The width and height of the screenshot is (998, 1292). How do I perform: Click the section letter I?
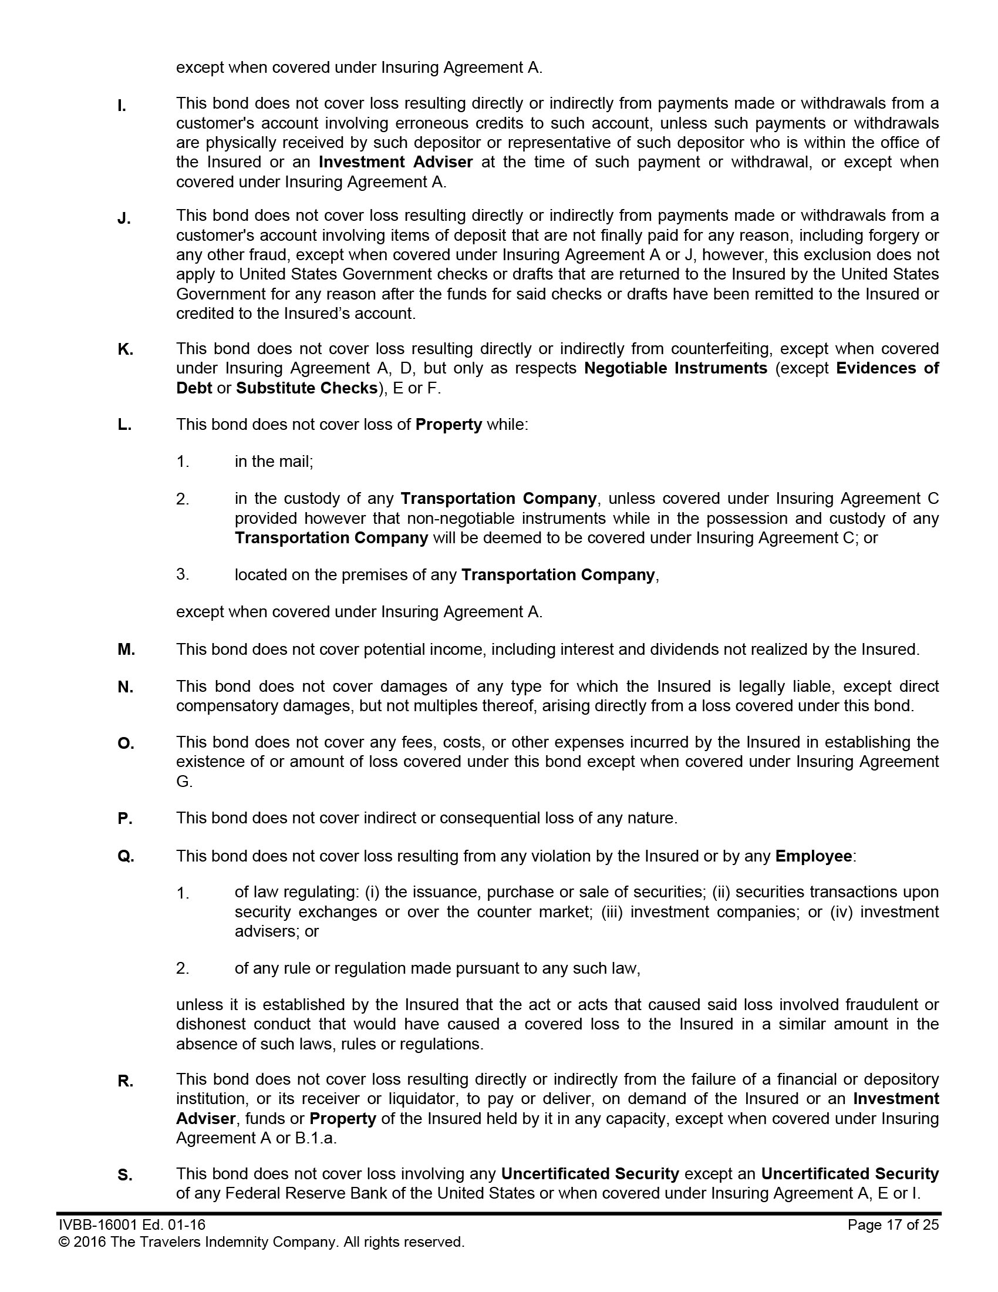[x=121, y=106]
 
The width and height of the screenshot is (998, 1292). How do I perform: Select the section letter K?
[x=126, y=349]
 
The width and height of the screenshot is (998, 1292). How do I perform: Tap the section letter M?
[x=127, y=650]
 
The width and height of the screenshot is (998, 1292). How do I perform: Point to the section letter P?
[x=124, y=819]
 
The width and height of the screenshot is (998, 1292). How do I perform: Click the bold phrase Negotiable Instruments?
[x=675, y=369]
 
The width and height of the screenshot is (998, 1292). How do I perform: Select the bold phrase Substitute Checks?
[x=307, y=388]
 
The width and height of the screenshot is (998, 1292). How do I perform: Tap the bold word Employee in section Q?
[x=814, y=856]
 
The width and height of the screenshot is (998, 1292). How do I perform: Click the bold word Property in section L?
[x=449, y=425]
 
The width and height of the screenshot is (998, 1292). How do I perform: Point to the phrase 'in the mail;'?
[x=274, y=462]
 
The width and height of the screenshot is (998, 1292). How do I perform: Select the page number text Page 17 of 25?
[x=893, y=1224]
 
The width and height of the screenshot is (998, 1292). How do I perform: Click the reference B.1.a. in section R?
[x=316, y=1138]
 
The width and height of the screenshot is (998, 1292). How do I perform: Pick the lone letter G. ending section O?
[x=184, y=782]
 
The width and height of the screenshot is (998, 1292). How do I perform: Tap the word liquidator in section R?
[x=424, y=1099]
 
